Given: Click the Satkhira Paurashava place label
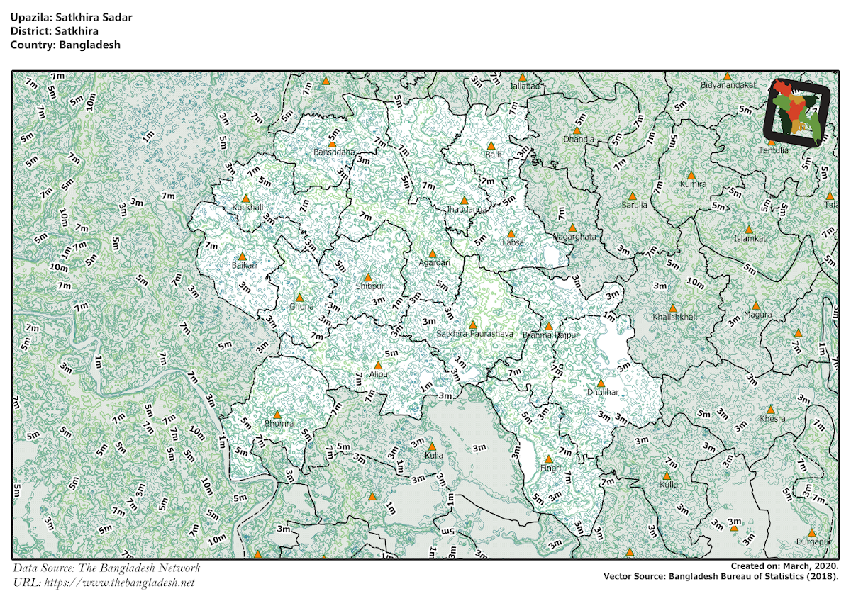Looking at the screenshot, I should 474,334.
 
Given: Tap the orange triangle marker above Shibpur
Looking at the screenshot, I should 367,277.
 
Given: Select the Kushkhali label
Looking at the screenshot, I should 247,208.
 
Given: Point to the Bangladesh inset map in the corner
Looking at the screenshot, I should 797,112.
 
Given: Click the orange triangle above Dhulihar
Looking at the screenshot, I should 601,383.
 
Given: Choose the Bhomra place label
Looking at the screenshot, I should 277,424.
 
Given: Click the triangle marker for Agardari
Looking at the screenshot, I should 432,253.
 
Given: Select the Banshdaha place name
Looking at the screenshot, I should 333,152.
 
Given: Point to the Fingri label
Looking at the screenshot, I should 550,468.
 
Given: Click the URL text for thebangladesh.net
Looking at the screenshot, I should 104,583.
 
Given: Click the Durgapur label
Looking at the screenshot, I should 812,542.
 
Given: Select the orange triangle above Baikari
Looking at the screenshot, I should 243,257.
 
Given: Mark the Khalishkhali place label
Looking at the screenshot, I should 674,317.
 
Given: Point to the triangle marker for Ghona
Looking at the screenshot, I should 299,298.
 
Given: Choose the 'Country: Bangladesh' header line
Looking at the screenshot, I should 65,44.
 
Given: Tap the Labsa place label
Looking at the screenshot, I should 512,242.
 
